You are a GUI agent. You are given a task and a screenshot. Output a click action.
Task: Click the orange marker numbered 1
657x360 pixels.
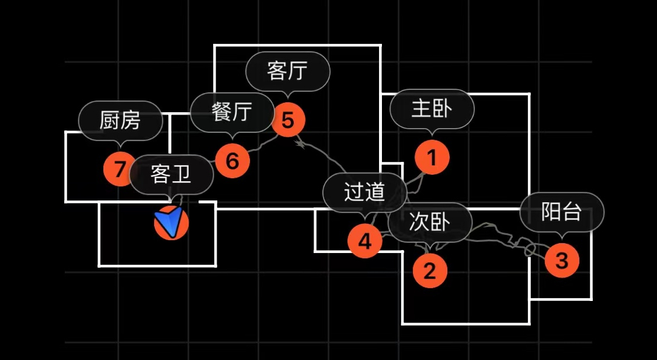click(432, 157)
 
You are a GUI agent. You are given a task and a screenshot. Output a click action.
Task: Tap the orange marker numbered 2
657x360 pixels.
click(430, 271)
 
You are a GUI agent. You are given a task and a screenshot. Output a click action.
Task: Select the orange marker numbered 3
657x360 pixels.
click(562, 261)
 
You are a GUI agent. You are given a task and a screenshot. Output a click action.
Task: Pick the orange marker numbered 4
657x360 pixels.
click(365, 241)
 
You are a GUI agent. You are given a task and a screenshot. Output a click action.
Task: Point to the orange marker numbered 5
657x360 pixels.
click(288, 119)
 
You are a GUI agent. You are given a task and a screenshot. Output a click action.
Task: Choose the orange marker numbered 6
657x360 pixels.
click(232, 160)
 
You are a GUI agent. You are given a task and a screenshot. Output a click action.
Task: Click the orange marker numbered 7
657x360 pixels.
click(120, 169)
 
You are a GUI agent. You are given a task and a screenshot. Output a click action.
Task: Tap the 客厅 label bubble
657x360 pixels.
click(287, 71)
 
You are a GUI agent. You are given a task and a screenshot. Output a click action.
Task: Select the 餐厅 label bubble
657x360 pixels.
click(232, 112)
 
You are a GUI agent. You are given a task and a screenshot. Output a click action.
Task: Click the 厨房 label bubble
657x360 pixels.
click(120, 120)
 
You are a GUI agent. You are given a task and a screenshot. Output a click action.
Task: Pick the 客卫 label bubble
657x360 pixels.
click(171, 174)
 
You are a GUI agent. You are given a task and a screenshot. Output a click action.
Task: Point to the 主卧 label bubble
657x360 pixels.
click(432, 109)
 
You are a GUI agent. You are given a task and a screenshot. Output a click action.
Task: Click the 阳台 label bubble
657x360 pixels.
click(562, 212)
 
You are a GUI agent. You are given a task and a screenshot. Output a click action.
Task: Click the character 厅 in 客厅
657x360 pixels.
click(298, 71)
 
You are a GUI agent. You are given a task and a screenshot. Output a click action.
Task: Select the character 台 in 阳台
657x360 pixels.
click(572, 212)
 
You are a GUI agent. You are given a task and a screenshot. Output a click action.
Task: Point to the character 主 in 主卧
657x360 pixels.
click(422, 109)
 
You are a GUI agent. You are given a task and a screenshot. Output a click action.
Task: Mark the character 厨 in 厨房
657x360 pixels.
click(110, 120)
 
